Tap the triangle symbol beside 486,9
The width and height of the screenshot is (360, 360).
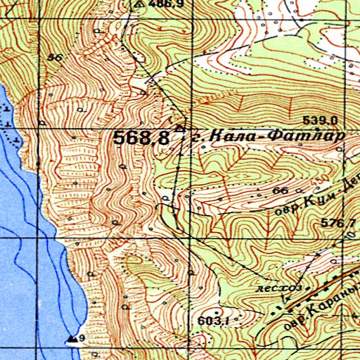139,4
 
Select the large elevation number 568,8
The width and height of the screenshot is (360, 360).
141,138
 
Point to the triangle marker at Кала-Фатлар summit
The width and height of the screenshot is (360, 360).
181,129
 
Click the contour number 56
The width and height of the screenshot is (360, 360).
56,58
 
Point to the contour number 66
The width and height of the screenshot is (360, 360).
281,191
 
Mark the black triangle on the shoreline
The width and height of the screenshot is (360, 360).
72,340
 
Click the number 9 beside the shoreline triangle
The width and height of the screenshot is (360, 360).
82,339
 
